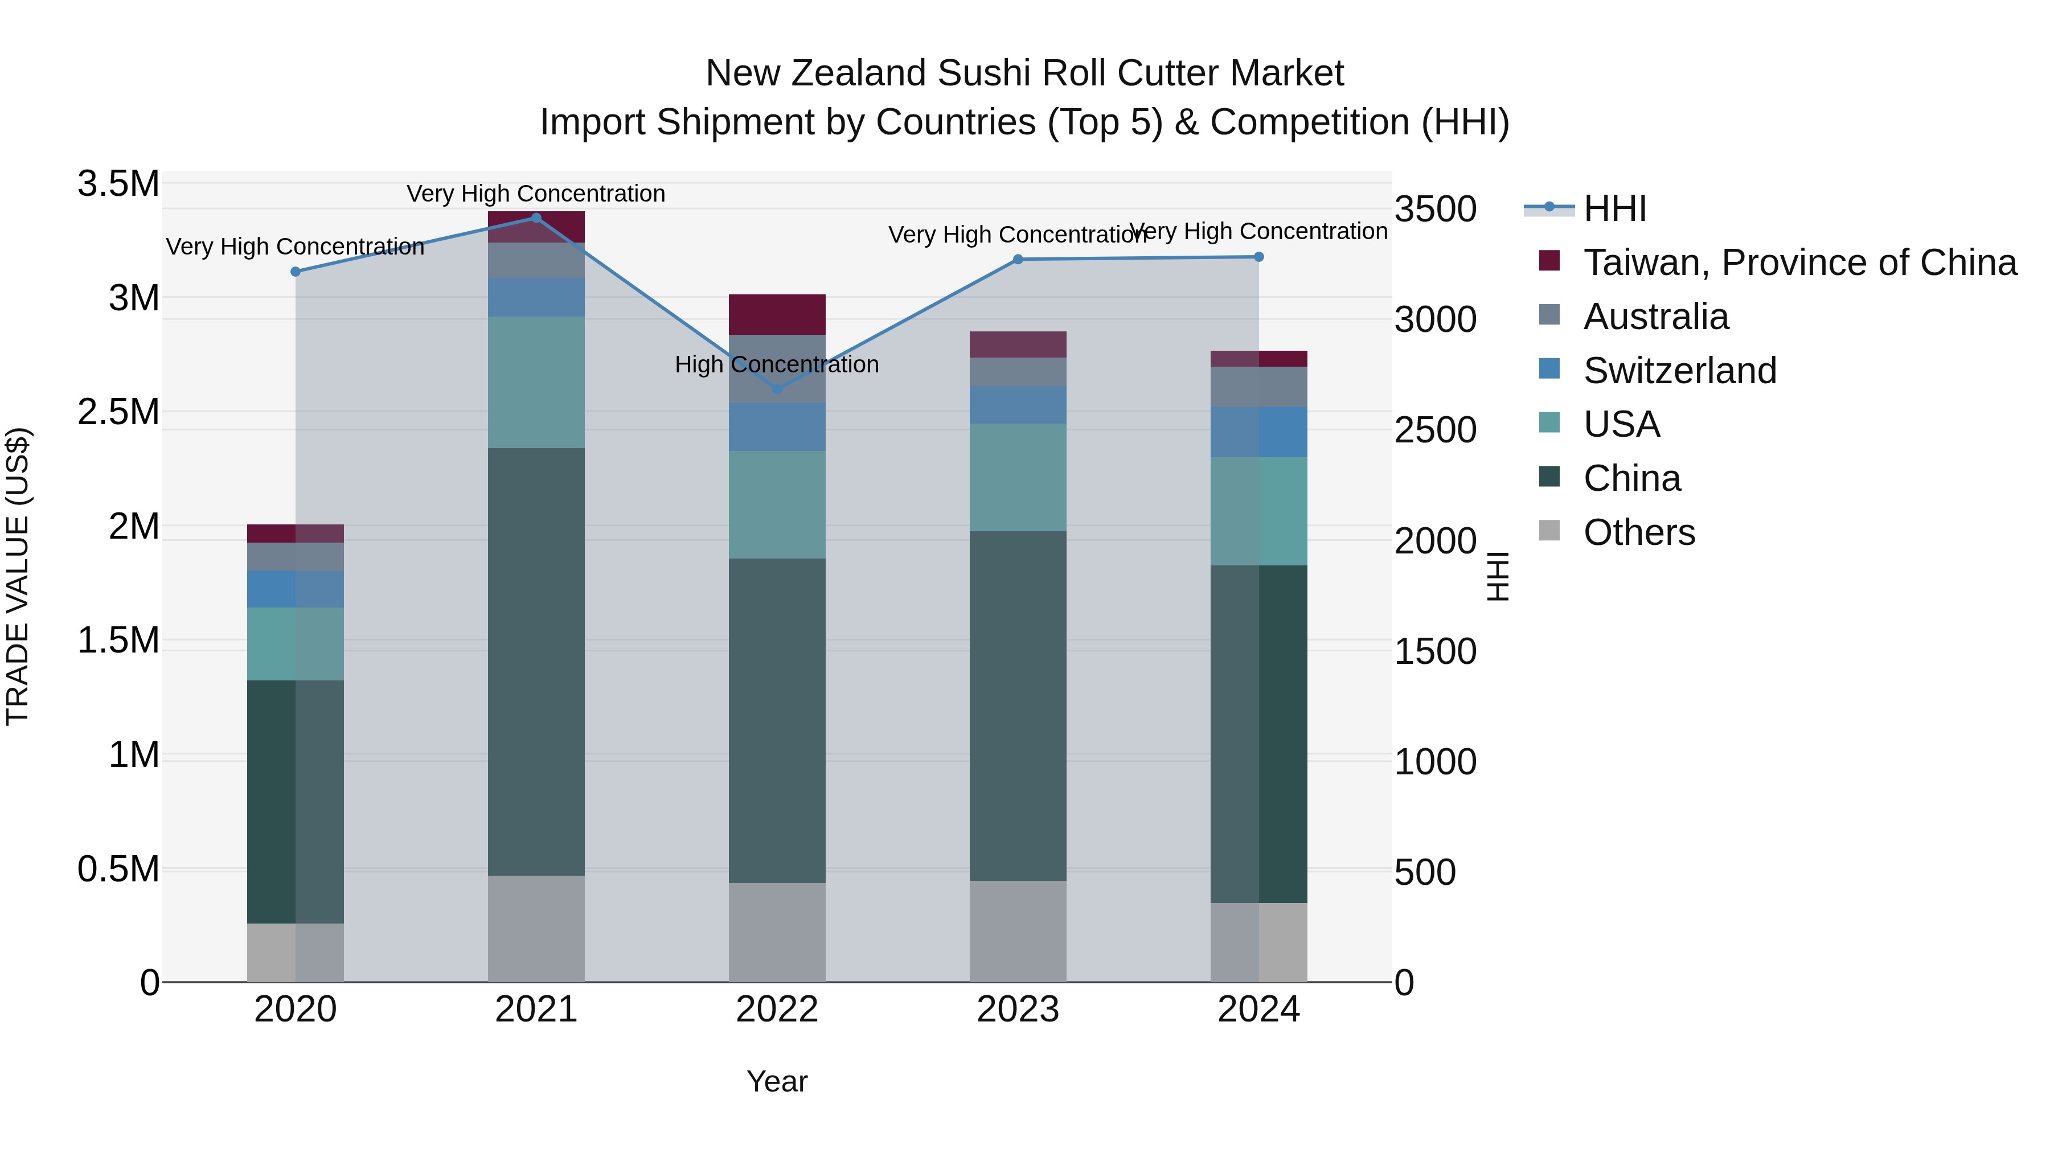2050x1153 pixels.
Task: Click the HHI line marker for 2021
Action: (536, 218)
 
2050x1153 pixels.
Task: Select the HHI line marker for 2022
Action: (777, 389)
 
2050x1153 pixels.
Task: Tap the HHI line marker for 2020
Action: (295, 272)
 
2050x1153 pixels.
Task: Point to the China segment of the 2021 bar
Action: (536, 660)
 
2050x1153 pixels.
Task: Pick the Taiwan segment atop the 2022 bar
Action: (777, 314)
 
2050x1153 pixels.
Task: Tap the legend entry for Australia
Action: (1655, 317)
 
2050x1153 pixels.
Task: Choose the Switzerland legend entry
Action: (1679, 371)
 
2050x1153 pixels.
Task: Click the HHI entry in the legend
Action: (1614, 208)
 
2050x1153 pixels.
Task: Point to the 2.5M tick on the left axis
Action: (118, 412)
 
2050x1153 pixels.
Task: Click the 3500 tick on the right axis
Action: (1435, 210)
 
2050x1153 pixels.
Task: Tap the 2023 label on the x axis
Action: (1017, 1010)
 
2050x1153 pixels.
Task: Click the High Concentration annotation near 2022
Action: (777, 364)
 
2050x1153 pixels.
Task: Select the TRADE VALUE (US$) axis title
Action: (18, 576)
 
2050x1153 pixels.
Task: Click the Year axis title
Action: (777, 1081)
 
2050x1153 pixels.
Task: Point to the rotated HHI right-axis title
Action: (1498, 576)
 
